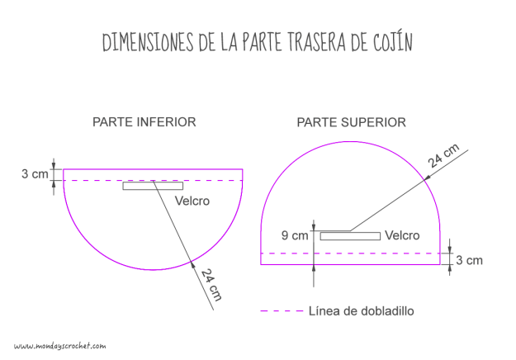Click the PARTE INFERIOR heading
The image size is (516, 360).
(x=144, y=122)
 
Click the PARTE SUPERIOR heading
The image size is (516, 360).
(x=351, y=122)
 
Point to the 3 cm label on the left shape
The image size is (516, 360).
(x=35, y=174)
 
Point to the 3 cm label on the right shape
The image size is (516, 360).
(x=468, y=260)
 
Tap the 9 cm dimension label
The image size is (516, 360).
(x=294, y=235)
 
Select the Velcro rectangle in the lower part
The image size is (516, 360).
(x=153, y=186)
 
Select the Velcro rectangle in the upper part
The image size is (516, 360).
(x=350, y=236)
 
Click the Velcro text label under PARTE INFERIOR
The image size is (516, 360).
(x=192, y=201)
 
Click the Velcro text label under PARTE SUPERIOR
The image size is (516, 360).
(x=403, y=235)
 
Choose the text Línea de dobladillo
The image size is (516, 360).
(x=361, y=311)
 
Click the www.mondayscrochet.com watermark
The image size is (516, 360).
(x=60, y=346)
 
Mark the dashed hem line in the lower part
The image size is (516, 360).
(x=99, y=180)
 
